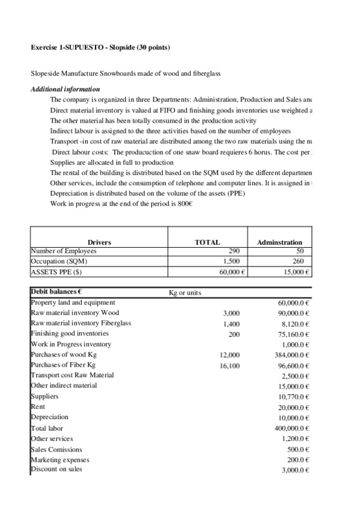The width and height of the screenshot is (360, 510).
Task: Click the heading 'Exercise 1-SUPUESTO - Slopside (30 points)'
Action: (100, 47)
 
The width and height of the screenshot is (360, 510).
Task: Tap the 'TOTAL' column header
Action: (207, 242)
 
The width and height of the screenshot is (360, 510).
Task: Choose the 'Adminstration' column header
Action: (279, 242)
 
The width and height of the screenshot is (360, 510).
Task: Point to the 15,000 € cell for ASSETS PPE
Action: (292, 272)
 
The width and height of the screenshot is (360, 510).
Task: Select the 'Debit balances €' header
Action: (56, 292)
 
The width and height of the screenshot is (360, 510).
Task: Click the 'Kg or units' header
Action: (185, 293)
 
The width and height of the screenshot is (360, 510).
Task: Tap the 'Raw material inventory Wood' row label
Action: (75, 313)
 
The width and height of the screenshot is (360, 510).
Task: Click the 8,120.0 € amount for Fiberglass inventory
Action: (292, 324)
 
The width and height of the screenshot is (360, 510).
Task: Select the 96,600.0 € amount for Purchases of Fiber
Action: (291, 366)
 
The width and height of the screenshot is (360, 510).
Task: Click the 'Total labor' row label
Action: (47, 428)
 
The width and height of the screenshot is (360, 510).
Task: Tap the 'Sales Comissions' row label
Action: (56, 449)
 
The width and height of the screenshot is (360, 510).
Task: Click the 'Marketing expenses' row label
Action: (59, 459)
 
